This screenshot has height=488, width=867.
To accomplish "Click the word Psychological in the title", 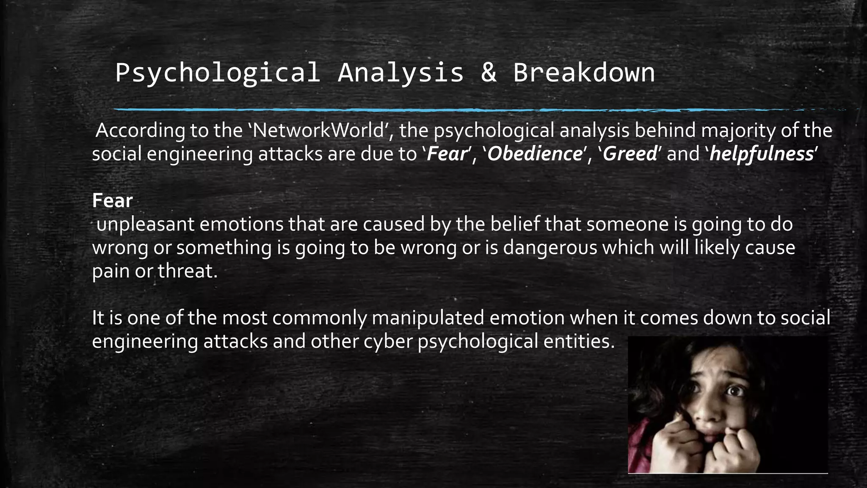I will point(217,73).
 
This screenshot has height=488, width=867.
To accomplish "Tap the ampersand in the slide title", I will point(489,73).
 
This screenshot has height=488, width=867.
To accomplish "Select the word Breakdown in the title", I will point(584,73).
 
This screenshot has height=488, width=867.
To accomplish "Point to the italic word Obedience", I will point(535,154).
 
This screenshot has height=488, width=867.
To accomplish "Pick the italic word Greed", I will point(630,154).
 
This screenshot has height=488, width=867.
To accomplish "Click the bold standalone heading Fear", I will point(113,201).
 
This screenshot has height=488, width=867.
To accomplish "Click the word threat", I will point(187,271).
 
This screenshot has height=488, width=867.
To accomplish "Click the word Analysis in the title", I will point(400,73).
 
